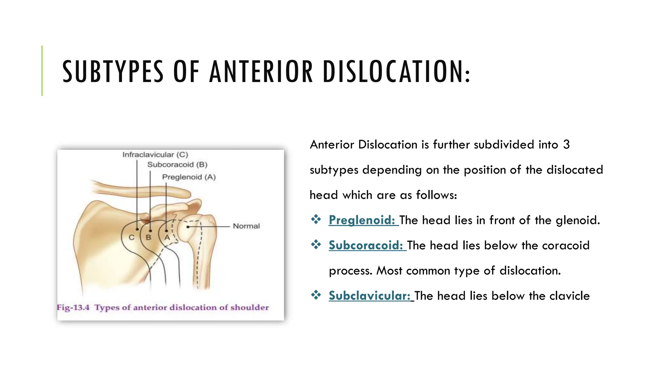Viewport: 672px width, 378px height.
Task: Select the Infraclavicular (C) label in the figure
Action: pyautogui.click(x=155, y=155)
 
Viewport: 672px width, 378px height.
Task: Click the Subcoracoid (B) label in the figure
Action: pyautogui.click(x=177, y=165)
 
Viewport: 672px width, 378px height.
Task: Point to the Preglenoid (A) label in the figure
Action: pyautogui.click(x=189, y=177)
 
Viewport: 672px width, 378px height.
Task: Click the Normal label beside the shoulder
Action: pyautogui.click(x=246, y=226)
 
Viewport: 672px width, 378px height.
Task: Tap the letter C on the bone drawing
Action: pyautogui.click(x=132, y=237)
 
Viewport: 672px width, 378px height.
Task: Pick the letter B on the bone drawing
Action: pyautogui.click(x=148, y=237)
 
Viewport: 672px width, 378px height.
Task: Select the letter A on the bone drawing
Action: pyautogui.click(x=167, y=237)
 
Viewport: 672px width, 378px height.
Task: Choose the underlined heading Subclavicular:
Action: pyautogui.click(x=369, y=296)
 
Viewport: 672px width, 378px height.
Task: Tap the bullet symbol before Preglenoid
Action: pyautogui.click(x=316, y=219)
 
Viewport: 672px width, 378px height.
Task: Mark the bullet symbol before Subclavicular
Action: pyautogui.click(x=316, y=295)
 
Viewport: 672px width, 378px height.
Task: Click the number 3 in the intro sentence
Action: pyautogui.click(x=566, y=145)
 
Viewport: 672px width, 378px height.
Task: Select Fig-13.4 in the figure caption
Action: pyautogui.click(x=73, y=307)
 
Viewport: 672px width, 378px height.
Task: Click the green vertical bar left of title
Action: pyautogui.click(x=42, y=71)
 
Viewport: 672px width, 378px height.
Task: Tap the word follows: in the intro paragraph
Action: pyautogui.click(x=436, y=195)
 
